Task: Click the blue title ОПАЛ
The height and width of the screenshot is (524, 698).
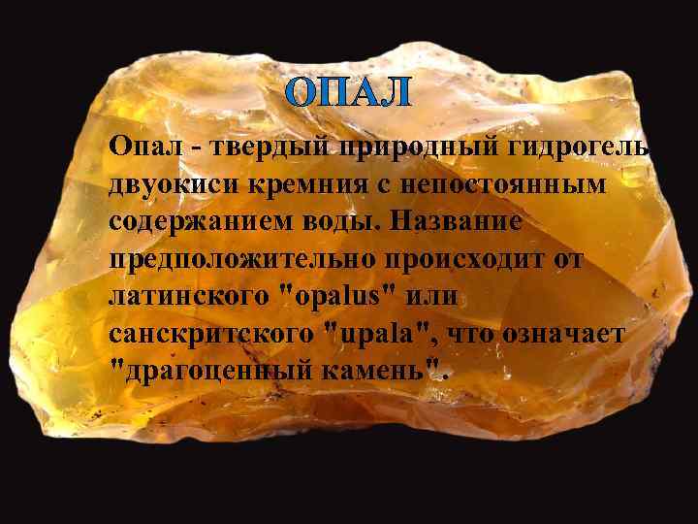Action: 349,94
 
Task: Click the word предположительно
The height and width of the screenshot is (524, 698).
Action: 237,260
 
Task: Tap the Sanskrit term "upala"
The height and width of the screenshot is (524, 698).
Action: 389,335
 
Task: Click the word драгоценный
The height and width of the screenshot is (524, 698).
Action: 214,373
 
